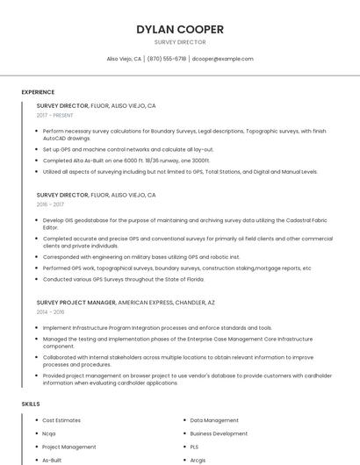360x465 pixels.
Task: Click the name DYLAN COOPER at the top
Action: click(x=179, y=29)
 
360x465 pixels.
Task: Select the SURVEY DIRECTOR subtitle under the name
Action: click(x=179, y=42)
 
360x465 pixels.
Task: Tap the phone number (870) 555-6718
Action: click(x=166, y=59)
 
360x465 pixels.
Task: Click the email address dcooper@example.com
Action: click(x=222, y=59)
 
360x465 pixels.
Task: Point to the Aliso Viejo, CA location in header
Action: click(x=124, y=59)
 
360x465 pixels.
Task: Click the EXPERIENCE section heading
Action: click(x=38, y=92)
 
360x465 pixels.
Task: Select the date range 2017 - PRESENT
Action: click(x=54, y=115)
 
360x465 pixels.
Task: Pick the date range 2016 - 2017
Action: click(x=50, y=204)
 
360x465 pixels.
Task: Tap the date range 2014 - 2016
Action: click(x=50, y=311)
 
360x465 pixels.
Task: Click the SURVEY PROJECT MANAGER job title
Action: click(x=76, y=302)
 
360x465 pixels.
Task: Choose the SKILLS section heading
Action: click(x=31, y=404)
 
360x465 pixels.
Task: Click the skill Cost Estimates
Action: click(x=61, y=420)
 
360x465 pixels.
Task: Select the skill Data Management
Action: click(x=214, y=420)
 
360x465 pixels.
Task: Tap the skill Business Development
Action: click(x=219, y=433)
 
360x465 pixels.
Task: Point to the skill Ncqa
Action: click(x=49, y=433)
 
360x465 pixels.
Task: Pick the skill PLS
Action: click(x=195, y=447)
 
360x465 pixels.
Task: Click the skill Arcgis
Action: click(x=198, y=460)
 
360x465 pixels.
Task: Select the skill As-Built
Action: click(x=52, y=460)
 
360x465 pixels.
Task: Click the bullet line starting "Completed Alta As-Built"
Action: click(x=126, y=161)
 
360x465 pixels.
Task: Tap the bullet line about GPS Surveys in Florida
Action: click(x=123, y=279)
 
